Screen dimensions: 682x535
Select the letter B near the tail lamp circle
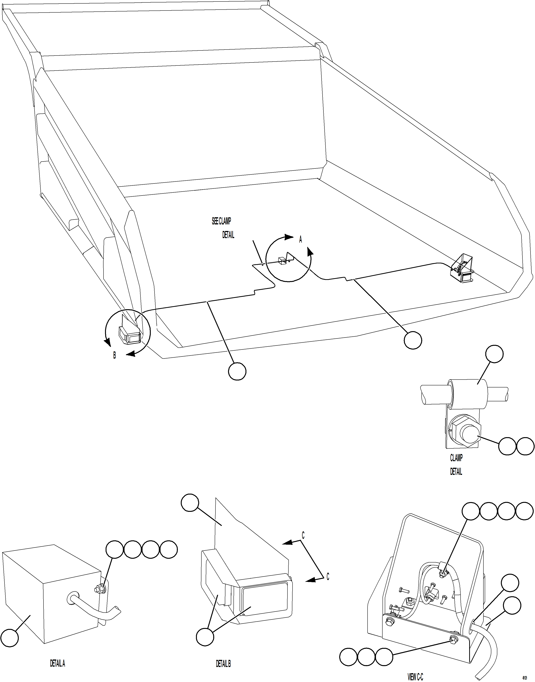115,355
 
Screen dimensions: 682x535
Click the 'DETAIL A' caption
57,663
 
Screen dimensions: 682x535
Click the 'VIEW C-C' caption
415,677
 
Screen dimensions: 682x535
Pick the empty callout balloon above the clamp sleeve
494,354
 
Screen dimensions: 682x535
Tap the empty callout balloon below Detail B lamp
205,637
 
